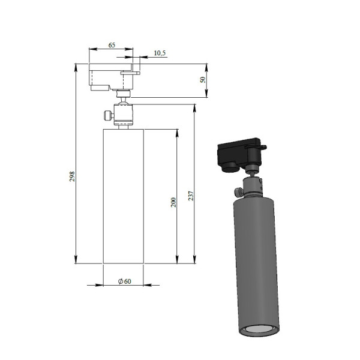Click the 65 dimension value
point(112,45)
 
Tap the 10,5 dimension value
point(160,53)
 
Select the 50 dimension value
point(203,80)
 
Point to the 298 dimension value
point(72,176)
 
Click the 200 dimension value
point(173,202)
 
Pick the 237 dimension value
point(191,196)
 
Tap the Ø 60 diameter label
point(125,281)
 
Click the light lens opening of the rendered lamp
point(259,330)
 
